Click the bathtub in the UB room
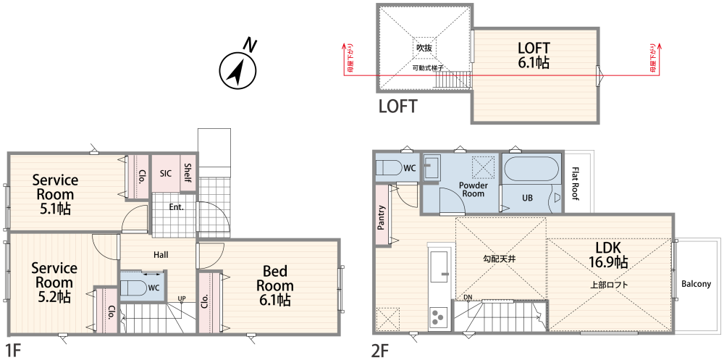[531, 169]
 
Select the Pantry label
[382, 217]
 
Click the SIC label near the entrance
[166, 174]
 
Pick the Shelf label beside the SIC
[188, 172]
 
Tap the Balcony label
[696, 284]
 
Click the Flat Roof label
[575, 183]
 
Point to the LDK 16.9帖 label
[607, 255]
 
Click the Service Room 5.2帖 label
[54, 282]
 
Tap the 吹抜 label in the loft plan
[424, 48]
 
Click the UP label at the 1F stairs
[182, 298]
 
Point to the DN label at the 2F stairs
[468, 297]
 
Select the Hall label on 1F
[161, 255]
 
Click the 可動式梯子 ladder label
[428, 68]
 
